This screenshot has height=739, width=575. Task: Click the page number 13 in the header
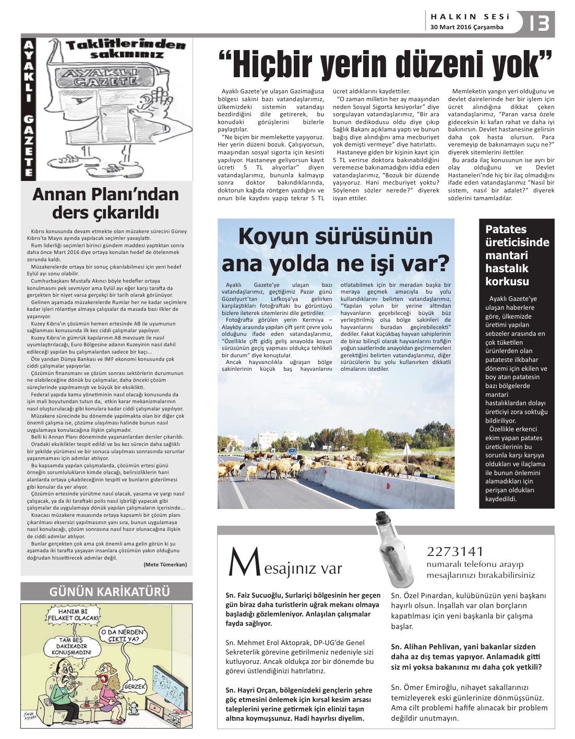pyautogui.click(x=539, y=23)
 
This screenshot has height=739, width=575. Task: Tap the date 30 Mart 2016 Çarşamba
pyautogui.click(x=467, y=27)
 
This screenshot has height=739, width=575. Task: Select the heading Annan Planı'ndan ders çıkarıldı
pyautogui.click(x=106, y=203)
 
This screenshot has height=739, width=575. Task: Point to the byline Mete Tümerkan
pyautogui.click(x=165, y=564)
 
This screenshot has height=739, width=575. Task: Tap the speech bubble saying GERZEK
pyautogui.click(x=135, y=687)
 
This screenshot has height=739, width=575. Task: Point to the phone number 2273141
pyautogui.click(x=455, y=551)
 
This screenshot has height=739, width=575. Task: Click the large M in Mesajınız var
pyautogui.click(x=244, y=562)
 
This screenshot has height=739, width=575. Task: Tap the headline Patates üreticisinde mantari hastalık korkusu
pyautogui.click(x=517, y=255)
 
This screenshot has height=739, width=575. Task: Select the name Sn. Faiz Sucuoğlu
pyautogui.click(x=256, y=595)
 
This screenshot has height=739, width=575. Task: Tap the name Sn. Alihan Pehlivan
pyautogui.click(x=429, y=647)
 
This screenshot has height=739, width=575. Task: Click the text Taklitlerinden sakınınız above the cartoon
pyautogui.click(x=125, y=49)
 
